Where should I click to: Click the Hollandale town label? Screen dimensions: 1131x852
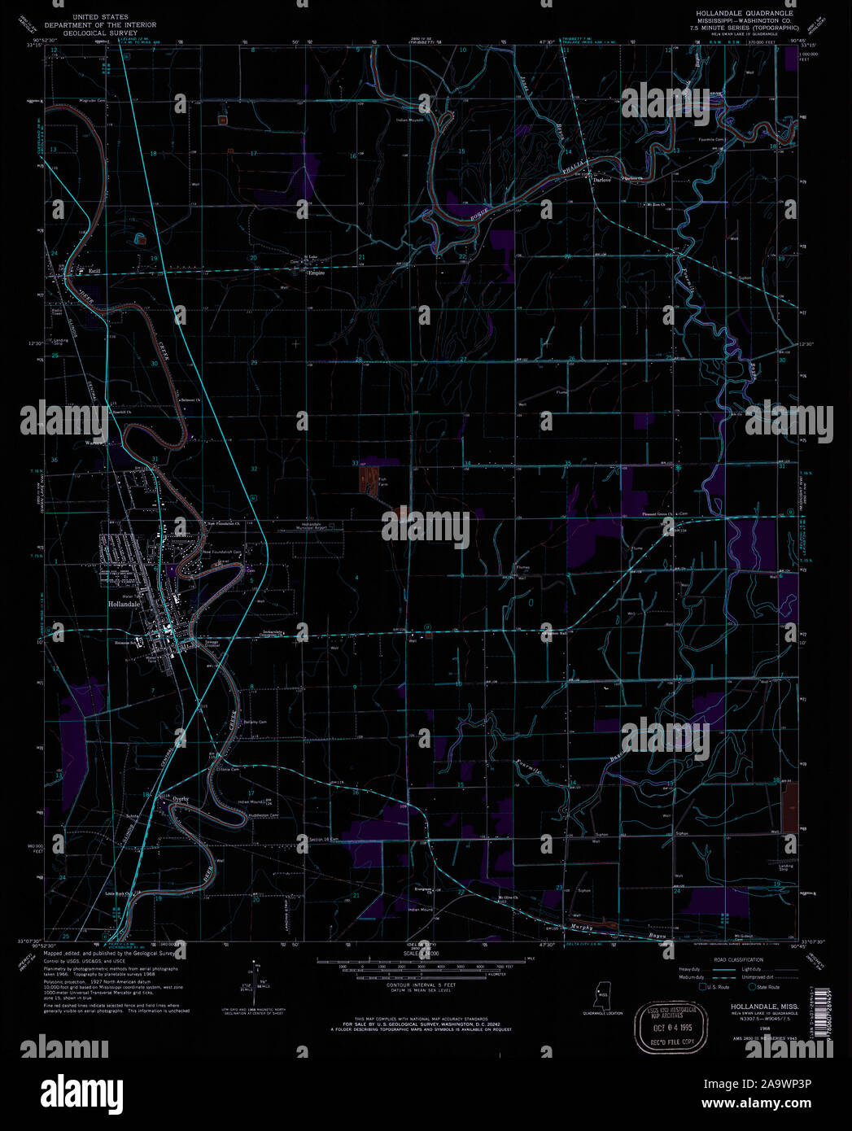click(125, 605)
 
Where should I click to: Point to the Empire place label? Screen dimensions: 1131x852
click(316, 273)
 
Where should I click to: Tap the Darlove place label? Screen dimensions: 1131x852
click(601, 180)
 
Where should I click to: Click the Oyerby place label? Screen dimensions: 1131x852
click(180, 799)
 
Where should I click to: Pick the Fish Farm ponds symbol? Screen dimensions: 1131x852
click(370, 478)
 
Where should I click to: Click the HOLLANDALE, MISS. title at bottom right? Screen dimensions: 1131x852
click(747, 1007)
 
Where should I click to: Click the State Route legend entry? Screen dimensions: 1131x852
click(767, 987)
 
